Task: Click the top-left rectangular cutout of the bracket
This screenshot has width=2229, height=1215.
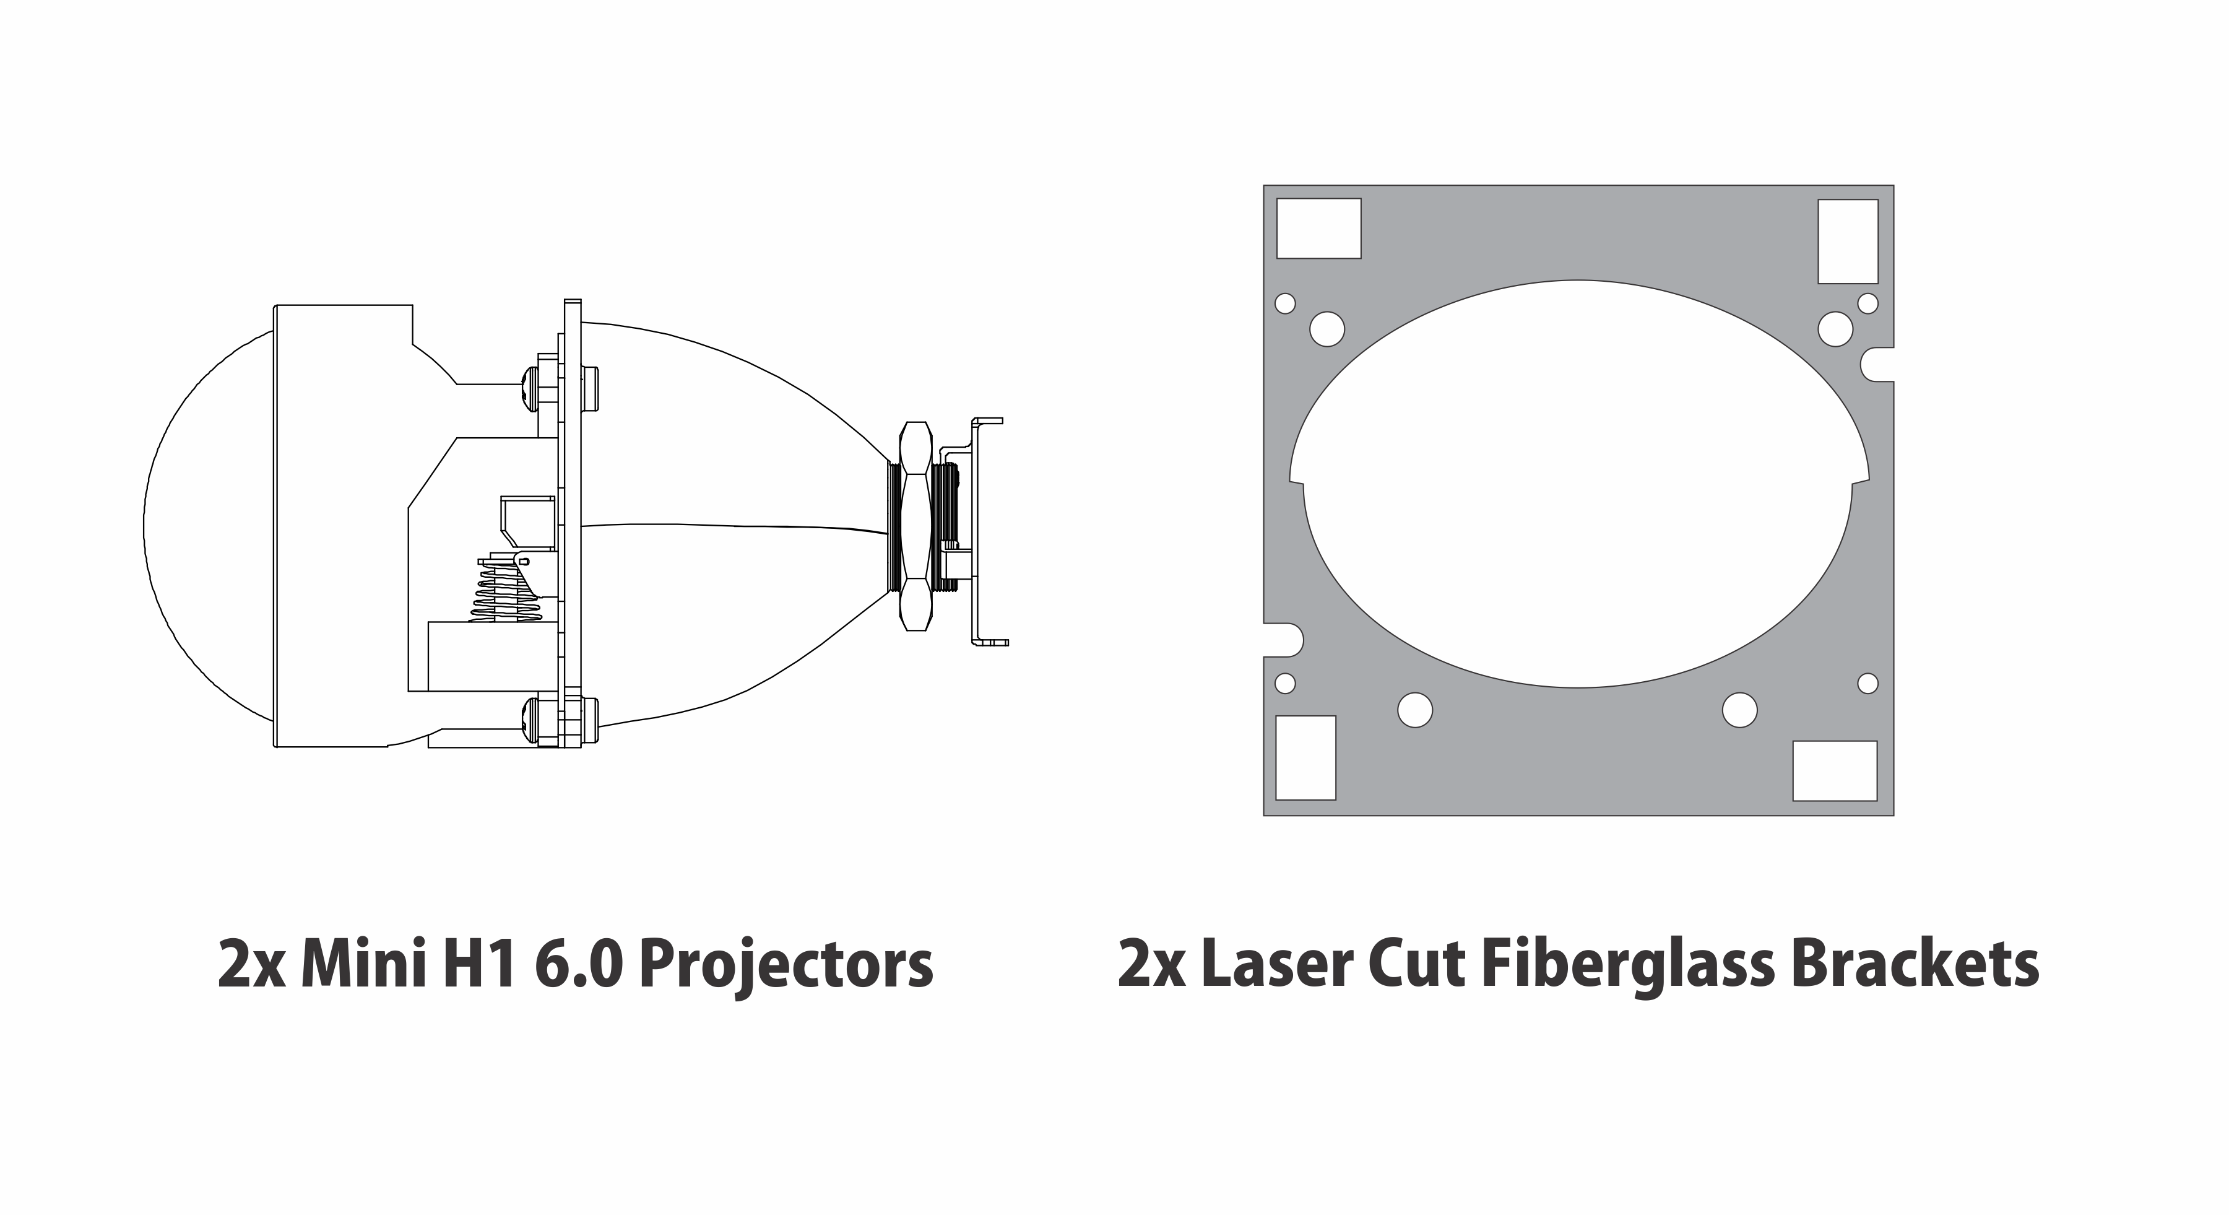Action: coord(1318,229)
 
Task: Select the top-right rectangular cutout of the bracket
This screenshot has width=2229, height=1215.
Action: coord(1848,242)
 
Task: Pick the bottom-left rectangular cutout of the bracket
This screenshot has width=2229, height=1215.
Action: coord(1307,758)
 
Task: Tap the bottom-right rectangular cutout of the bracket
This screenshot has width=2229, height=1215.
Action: coord(1835,771)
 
